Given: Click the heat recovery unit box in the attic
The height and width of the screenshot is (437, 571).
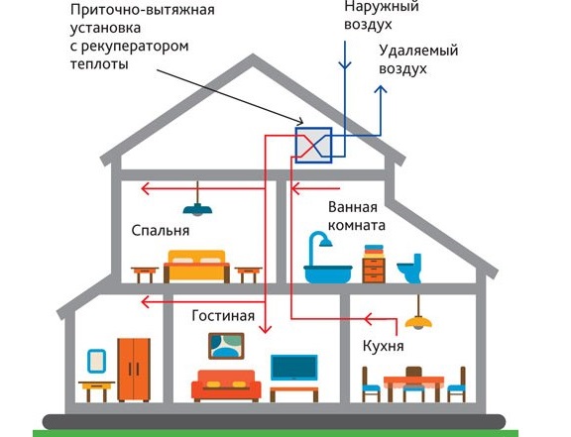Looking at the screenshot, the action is click(313, 145).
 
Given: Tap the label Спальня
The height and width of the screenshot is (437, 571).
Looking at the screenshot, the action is click(161, 231).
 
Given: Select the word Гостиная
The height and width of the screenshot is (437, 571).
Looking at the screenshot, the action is click(223, 315).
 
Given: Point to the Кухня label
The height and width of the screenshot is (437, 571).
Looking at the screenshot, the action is click(383, 346).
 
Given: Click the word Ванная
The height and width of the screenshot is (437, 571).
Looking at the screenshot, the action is click(353, 207).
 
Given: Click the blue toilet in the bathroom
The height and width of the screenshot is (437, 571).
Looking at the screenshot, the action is click(409, 269).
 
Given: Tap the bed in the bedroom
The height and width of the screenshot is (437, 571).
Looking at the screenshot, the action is click(196, 267).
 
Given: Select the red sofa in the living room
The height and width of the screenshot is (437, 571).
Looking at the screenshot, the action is click(226, 386).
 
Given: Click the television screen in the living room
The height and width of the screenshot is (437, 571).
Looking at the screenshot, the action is click(293, 368).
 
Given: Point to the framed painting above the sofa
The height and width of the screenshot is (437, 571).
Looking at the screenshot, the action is click(226, 346).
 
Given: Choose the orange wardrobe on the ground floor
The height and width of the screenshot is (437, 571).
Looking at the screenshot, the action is click(134, 370).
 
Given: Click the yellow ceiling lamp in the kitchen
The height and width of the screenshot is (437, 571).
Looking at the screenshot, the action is click(418, 322).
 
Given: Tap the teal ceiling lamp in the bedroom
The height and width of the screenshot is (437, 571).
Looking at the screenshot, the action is click(197, 210).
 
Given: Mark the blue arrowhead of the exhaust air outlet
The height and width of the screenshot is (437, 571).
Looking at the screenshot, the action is click(381, 89).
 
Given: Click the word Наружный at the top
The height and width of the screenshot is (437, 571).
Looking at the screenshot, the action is click(382, 6).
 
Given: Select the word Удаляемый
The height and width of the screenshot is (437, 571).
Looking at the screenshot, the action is click(418, 51).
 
